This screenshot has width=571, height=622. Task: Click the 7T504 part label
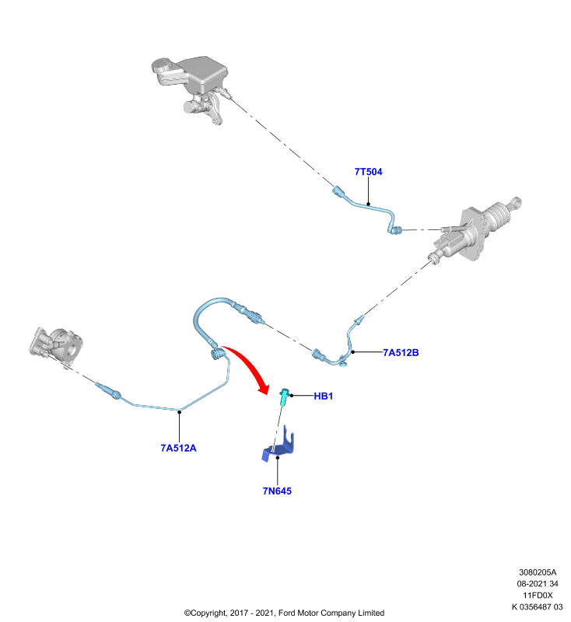(x=368, y=172)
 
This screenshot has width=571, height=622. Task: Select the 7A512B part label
(x=401, y=353)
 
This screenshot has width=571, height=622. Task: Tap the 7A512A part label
(x=179, y=448)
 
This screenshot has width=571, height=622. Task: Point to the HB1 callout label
(x=324, y=396)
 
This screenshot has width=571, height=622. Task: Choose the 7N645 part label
(x=277, y=491)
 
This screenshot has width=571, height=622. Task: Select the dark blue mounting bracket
(x=279, y=446)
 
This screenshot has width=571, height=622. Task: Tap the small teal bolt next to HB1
(x=284, y=397)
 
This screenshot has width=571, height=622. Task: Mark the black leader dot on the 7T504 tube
(x=368, y=204)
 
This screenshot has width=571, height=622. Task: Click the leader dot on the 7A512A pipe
(x=180, y=412)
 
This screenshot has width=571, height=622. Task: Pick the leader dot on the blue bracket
(x=278, y=458)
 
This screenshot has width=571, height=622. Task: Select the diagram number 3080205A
(x=538, y=572)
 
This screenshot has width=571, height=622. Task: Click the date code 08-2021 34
(x=538, y=584)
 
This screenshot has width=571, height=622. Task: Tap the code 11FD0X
(x=538, y=596)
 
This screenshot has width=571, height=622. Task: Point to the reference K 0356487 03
(x=538, y=607)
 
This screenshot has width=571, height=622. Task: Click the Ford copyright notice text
(x=284, y=613)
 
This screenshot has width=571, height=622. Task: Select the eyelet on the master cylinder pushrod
(x=516, y=202)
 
